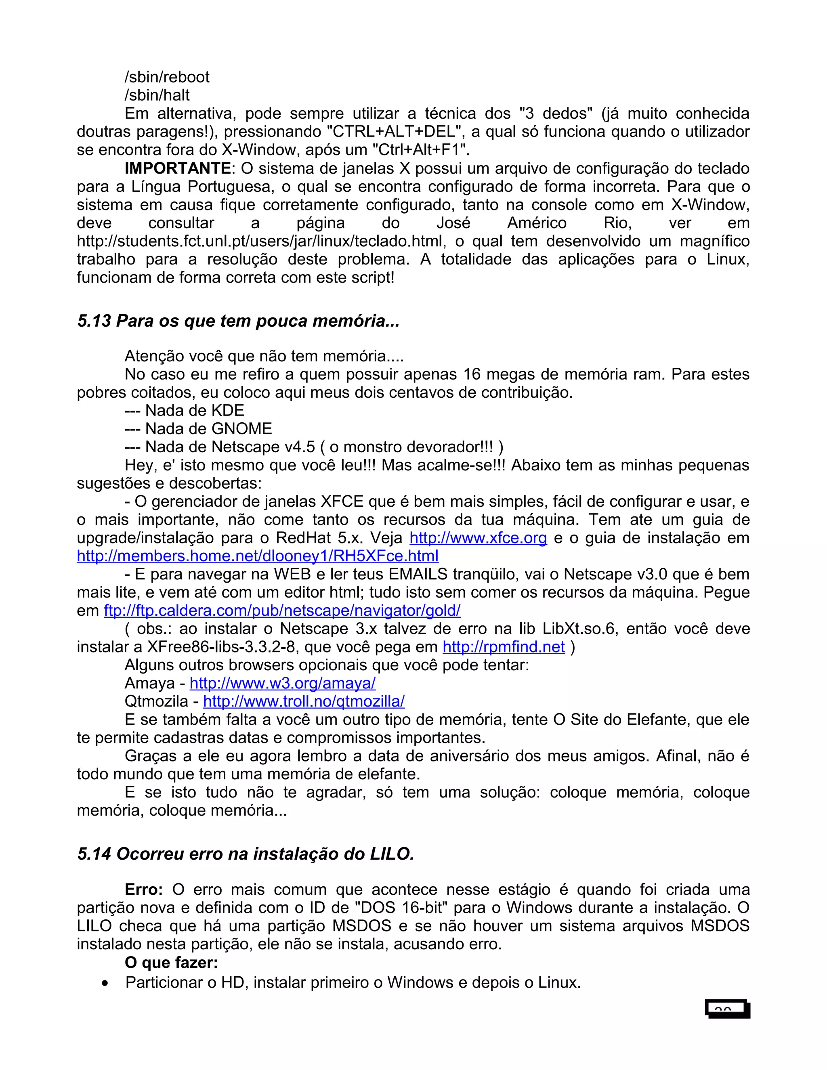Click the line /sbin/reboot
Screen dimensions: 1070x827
(x=167, y=77)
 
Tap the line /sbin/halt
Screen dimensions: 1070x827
(x=157, y=95)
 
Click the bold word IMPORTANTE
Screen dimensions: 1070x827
(x=177, y=168)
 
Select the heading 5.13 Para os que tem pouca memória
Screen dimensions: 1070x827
(x=238, y=321)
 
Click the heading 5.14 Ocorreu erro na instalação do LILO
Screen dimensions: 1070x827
(x=246, y=854)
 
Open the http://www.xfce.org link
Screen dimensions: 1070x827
(x=478, y=538)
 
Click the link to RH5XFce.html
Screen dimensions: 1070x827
(x=257, y=556)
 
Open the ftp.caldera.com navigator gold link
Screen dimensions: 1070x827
(x=282, y=611)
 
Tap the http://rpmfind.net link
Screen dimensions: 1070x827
(x=503, y=647)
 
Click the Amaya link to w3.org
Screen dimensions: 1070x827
(x=282, y=683)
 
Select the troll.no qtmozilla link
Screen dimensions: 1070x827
(x=304, y=701)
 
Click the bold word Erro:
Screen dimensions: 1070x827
(x=143, y=889)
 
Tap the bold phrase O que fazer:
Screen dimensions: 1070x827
(x=171, y=963)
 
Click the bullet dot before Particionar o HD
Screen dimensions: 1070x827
(x=105, y=984)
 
